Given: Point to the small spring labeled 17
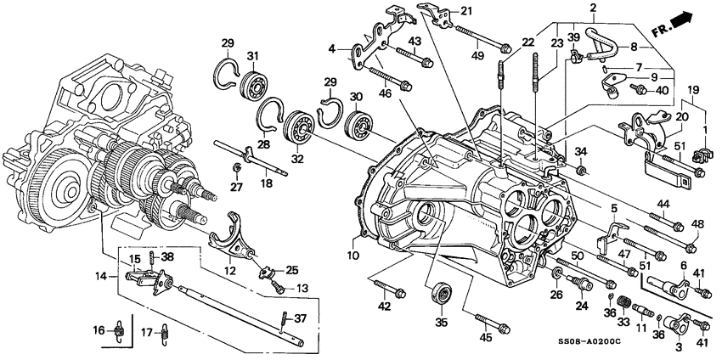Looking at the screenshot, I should (x=165, y=337).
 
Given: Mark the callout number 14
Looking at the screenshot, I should (x=101, y=276).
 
